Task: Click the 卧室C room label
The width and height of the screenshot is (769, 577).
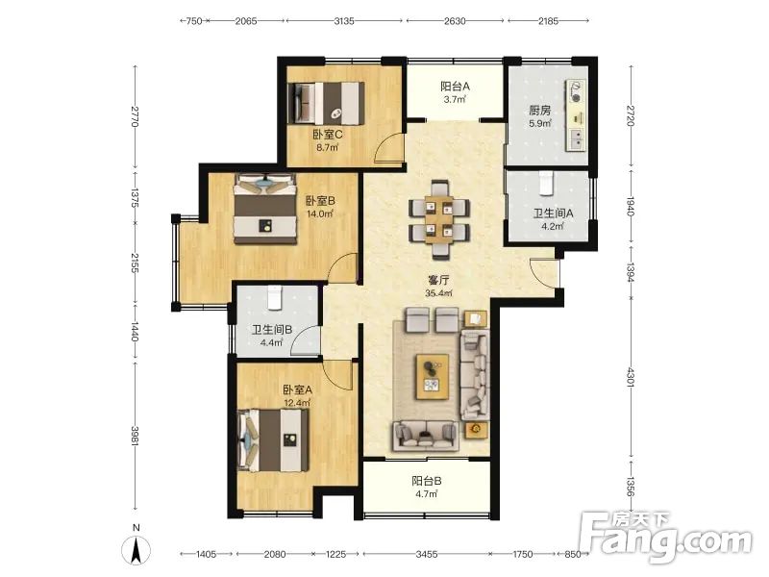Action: pyautogui.click(x=328, y=134)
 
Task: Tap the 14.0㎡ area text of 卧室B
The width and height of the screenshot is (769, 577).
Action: pyautogui.click(x=320, y=213)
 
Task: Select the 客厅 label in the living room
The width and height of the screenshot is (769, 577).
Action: pyautogui.click(x=438, y=280)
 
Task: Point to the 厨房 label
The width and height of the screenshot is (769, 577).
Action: pyautogui.click(x=539, y=111)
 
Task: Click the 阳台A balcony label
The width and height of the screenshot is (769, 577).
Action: pyautogui.click(x=455, y=87)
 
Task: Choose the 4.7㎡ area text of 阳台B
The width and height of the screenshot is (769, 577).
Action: pyautogui.click(x=426, y=494)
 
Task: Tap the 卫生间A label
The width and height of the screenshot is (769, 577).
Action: pyautogui.click(x=554, y=213)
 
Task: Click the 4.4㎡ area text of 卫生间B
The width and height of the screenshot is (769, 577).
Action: pyautogui.click(x=271, y=342)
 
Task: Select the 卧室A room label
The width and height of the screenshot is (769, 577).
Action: pyautogui.click(x=297, y=390)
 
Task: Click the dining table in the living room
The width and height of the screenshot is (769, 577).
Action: pyautogui.click(x=439, y=219)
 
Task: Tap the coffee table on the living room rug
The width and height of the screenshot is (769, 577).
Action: pyautogui.click(x=432, y=376)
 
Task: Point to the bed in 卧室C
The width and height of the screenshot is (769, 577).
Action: pyautogui.click(x=329, y=104)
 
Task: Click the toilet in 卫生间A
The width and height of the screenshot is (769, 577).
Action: pyautogui.click(x=546, y=183)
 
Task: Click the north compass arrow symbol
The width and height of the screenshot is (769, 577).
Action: pyautogui.click(x=136, y=549)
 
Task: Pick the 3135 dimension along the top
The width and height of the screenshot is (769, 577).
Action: pyautogui.click(x=344, y=21)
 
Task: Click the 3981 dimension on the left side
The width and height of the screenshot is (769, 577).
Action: pyautogui.click(x=135, y=436)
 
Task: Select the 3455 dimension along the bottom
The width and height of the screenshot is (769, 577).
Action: pyautogui.click(x=426, y=555)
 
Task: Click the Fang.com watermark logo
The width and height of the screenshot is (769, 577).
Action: pyautogui.click(x=665, y=539)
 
